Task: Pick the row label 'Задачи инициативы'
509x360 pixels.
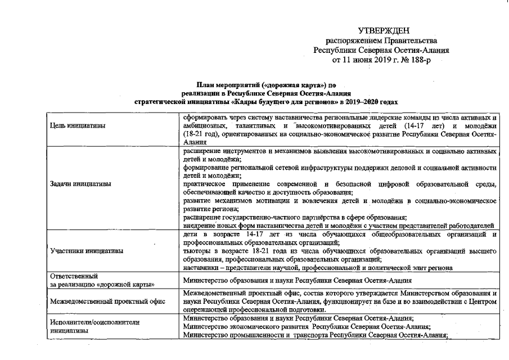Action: (x=80, y=183)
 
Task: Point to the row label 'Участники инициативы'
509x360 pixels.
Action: (x=87, y=251)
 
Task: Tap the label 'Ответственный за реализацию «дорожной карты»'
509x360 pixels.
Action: (x=102, y=280)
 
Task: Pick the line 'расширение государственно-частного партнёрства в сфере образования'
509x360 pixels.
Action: (x=295, y=218)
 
